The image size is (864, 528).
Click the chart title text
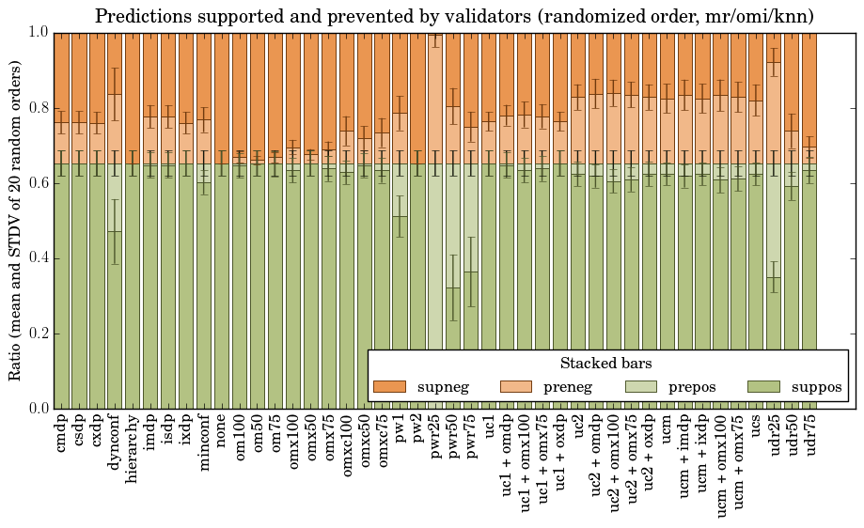point(454,16)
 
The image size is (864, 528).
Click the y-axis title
point(15,220)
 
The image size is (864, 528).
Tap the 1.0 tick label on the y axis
point(37,32)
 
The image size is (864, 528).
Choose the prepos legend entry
point(668,386)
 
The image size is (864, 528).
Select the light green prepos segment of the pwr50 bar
point(453,225)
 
